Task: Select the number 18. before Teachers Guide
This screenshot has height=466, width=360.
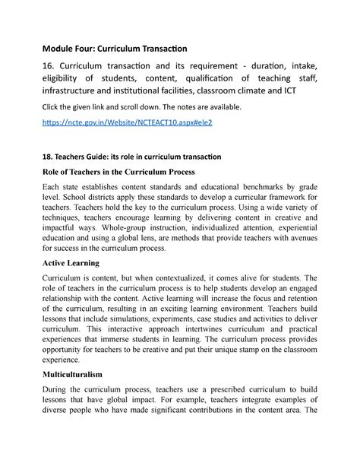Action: (49, 156)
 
